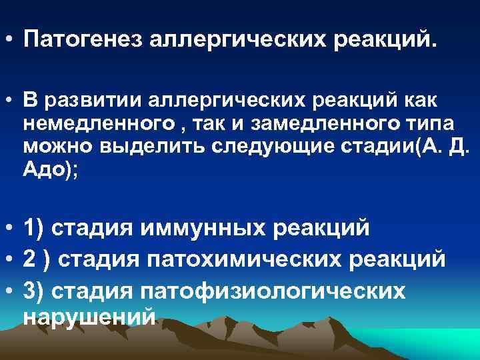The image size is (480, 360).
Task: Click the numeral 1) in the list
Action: click(33, 227)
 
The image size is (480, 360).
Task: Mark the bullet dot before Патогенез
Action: click(9, 43)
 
